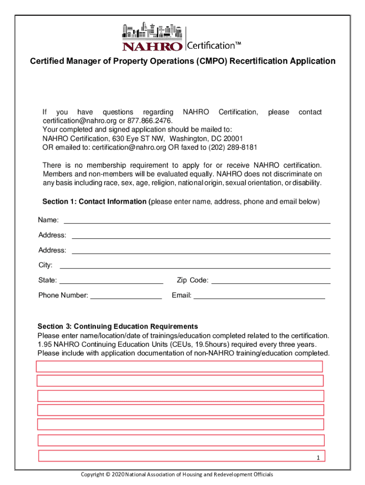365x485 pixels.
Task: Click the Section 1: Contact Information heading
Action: (x=94, y=202)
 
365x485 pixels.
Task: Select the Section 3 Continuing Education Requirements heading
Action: (x=118, y=326)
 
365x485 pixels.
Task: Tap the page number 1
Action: (x=319, y=458)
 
